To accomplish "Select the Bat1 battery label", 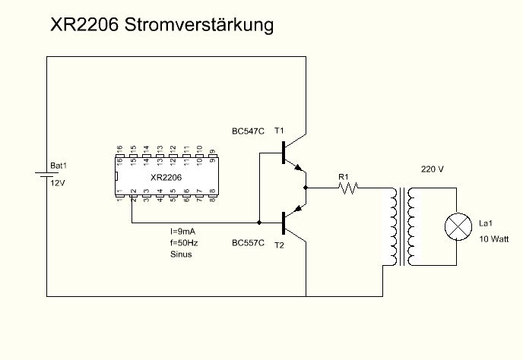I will [x=59, y=166].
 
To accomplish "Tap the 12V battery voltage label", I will [x=58, y=184].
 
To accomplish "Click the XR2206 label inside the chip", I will [x=166, y=178].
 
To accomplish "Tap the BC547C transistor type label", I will [x=248, y=131].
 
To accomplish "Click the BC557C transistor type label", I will [x=248, y=243].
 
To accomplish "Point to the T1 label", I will [x=278, y=131].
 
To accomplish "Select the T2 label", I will [x=278, y=245].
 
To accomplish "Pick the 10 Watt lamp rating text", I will [x=494, y=238].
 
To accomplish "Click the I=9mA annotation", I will [x=184, y=231].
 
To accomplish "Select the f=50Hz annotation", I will [x=184, y=243].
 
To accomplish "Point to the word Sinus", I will [x=181, y=255].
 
